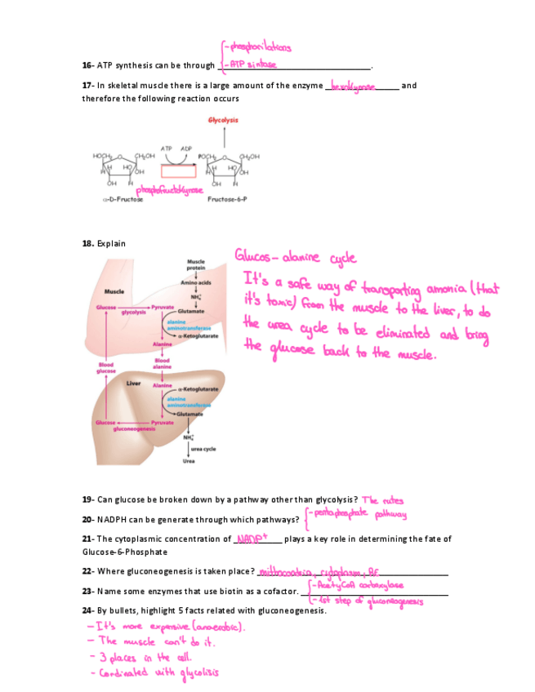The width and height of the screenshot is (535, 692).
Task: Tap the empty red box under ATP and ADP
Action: tap(178, 171)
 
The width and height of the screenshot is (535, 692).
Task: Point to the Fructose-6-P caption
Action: tap(225, 198)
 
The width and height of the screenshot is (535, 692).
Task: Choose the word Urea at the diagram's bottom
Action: tap(187, 461)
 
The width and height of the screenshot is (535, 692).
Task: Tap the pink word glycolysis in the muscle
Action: tap(133, 313)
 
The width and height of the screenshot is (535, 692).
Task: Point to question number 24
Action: tap(87, 610)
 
